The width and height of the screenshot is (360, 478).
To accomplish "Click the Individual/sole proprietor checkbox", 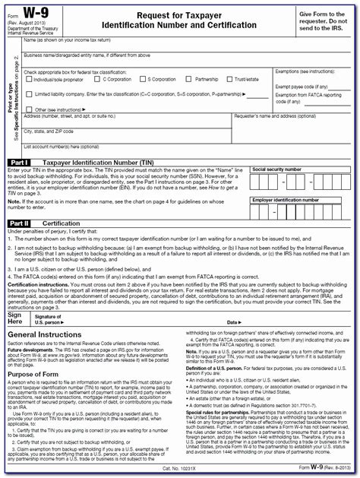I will pos(27,79).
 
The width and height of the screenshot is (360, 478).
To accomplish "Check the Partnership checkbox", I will pos(191,79).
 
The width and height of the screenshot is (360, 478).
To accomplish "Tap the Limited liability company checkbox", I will pos(27,93).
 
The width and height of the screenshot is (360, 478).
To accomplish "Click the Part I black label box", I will pos(19,163).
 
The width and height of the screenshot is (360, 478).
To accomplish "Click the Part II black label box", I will pos(20,223).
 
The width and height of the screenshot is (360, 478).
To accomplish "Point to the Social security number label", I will pos(281,169).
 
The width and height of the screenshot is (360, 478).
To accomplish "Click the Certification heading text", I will pos(61,223).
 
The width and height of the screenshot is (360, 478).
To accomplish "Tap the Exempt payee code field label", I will pos(296,86).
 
